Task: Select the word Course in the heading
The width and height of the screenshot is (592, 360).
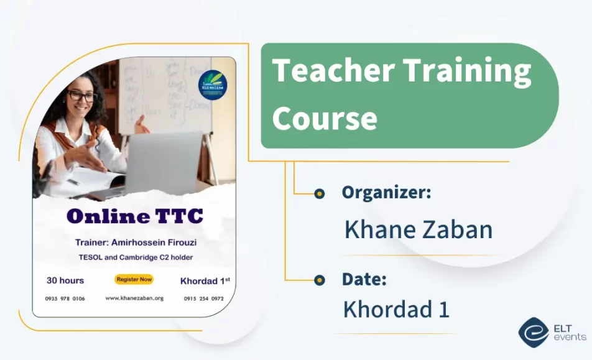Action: coord(325,118)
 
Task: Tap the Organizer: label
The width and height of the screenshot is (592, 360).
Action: coord(386,193)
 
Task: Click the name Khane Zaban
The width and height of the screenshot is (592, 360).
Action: coord(418,230)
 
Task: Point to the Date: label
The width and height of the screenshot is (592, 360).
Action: coord(364,279)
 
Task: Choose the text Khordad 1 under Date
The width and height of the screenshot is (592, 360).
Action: coord(396,310)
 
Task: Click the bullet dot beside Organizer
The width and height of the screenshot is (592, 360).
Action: coord(319,193)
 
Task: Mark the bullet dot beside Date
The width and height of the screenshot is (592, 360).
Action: coord(319,280)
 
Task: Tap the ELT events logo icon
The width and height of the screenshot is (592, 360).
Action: coord(532,332)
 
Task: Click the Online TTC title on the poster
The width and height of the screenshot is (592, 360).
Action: coord(134,216)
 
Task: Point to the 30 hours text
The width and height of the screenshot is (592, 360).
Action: coord(65,280)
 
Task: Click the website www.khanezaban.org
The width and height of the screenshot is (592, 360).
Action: coord(134,298)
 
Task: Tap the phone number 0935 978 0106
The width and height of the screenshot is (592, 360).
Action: coord(65,298)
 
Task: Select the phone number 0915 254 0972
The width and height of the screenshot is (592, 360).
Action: coord(203,298)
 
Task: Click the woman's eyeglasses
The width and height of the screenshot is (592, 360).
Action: coord(81,97)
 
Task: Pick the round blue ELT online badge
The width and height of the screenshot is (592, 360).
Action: coord(213,85)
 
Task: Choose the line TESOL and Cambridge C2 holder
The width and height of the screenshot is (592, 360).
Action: coord(135,257)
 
